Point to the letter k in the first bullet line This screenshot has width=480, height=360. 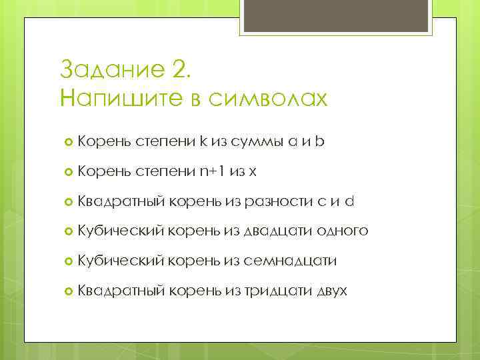coord(202,141)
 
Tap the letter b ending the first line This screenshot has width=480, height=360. coord(321,141)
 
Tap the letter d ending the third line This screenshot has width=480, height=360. coord(349,201)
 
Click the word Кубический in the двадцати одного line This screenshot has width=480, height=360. coord(121,231)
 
